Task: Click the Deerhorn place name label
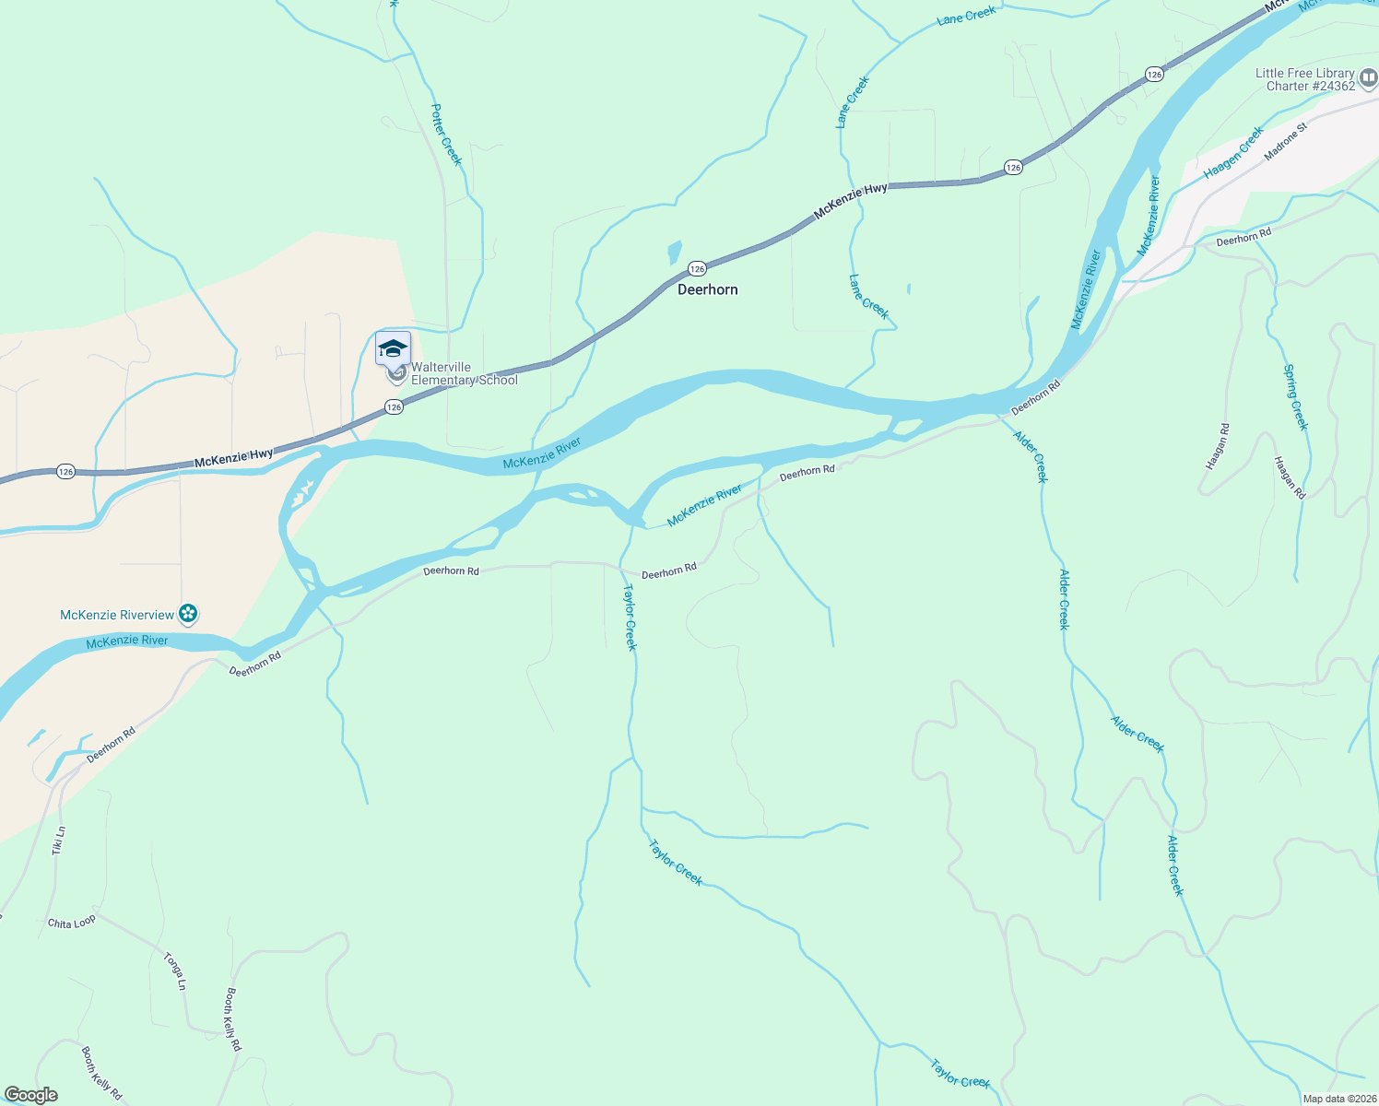click(x=707, y=289)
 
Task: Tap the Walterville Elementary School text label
click(x=464, y=373)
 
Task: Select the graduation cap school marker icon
click(x=393, y=348)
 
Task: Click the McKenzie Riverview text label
click(x=117, y=615)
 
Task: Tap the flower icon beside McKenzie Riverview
click(x=188, y=614)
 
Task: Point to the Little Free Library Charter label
click(x=1304, y=79)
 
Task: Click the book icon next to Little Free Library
click(x=1368, y=79)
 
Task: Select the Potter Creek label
click(x=446, y=135)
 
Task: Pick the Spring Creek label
click(x=1295, y=396)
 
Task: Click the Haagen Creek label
click(x=1233, y=154)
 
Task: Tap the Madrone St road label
click(x=1286, y=142)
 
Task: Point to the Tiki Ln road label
click(x=59, y=840)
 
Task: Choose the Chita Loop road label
click(x=72, y=922)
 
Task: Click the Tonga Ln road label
click(x=174, y=971)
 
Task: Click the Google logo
click(x=31, y=1095)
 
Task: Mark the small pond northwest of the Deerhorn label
click(x=674, y=252)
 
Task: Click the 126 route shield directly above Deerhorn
click(x=697, y=268)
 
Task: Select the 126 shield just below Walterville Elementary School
click(x=394, y=406)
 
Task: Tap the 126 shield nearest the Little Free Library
click(x=1154, y=74)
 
